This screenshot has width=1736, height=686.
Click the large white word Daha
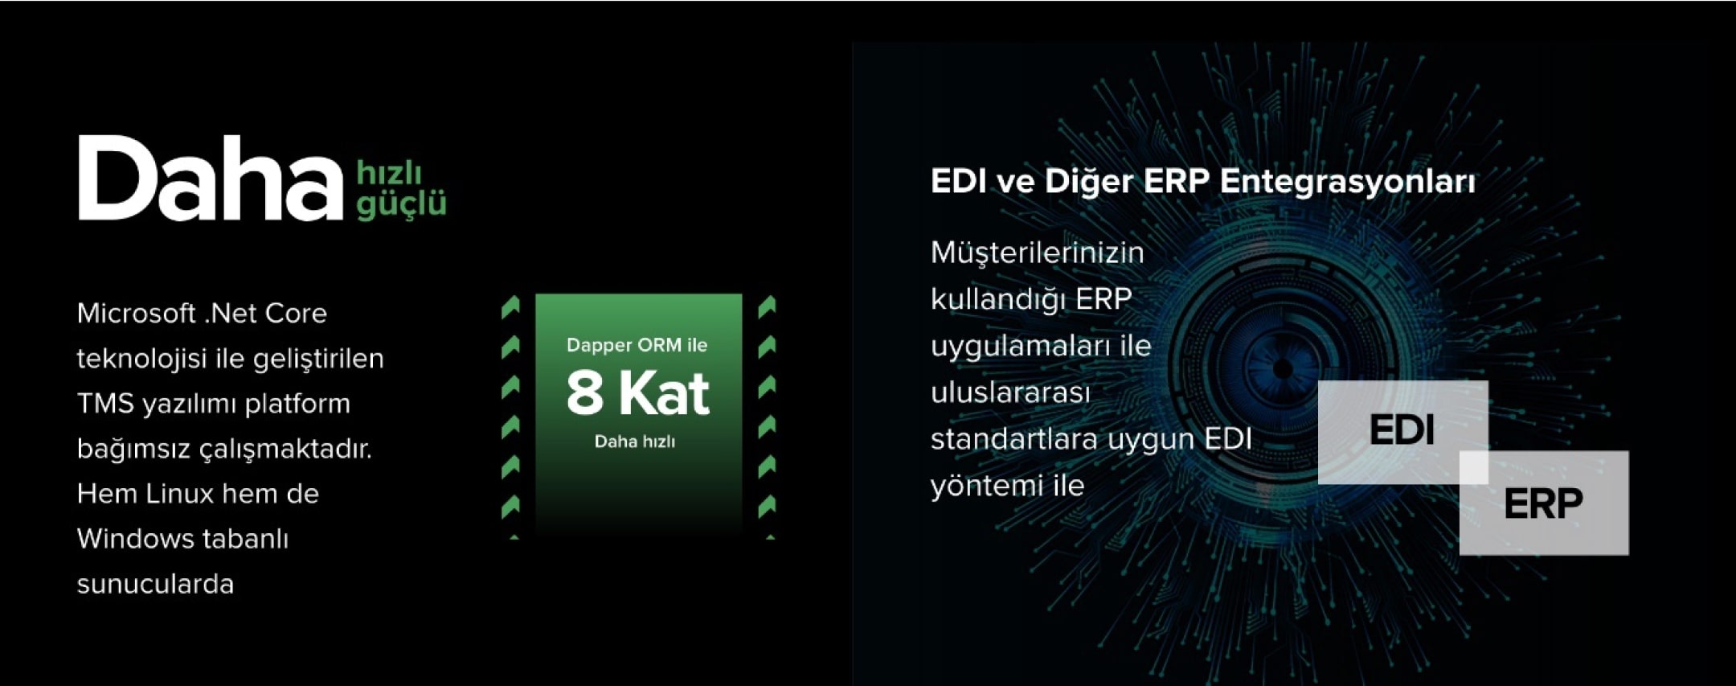[211, 178]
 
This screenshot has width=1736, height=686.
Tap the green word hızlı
[389, 172]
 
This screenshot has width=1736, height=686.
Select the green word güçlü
[401, 204]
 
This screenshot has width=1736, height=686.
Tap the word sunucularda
[155, 584]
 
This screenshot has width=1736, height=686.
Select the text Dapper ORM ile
[637, 345]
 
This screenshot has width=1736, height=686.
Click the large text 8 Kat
[638, 393]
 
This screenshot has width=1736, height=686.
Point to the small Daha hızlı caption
[635, 442]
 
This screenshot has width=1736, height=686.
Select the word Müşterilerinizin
[1037, 253]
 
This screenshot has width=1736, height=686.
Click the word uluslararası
[1010, 392]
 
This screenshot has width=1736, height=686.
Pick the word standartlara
[1013, 439]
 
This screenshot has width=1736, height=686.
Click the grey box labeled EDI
[1403, 432]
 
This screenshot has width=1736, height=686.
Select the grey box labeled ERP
[1544, 503]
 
